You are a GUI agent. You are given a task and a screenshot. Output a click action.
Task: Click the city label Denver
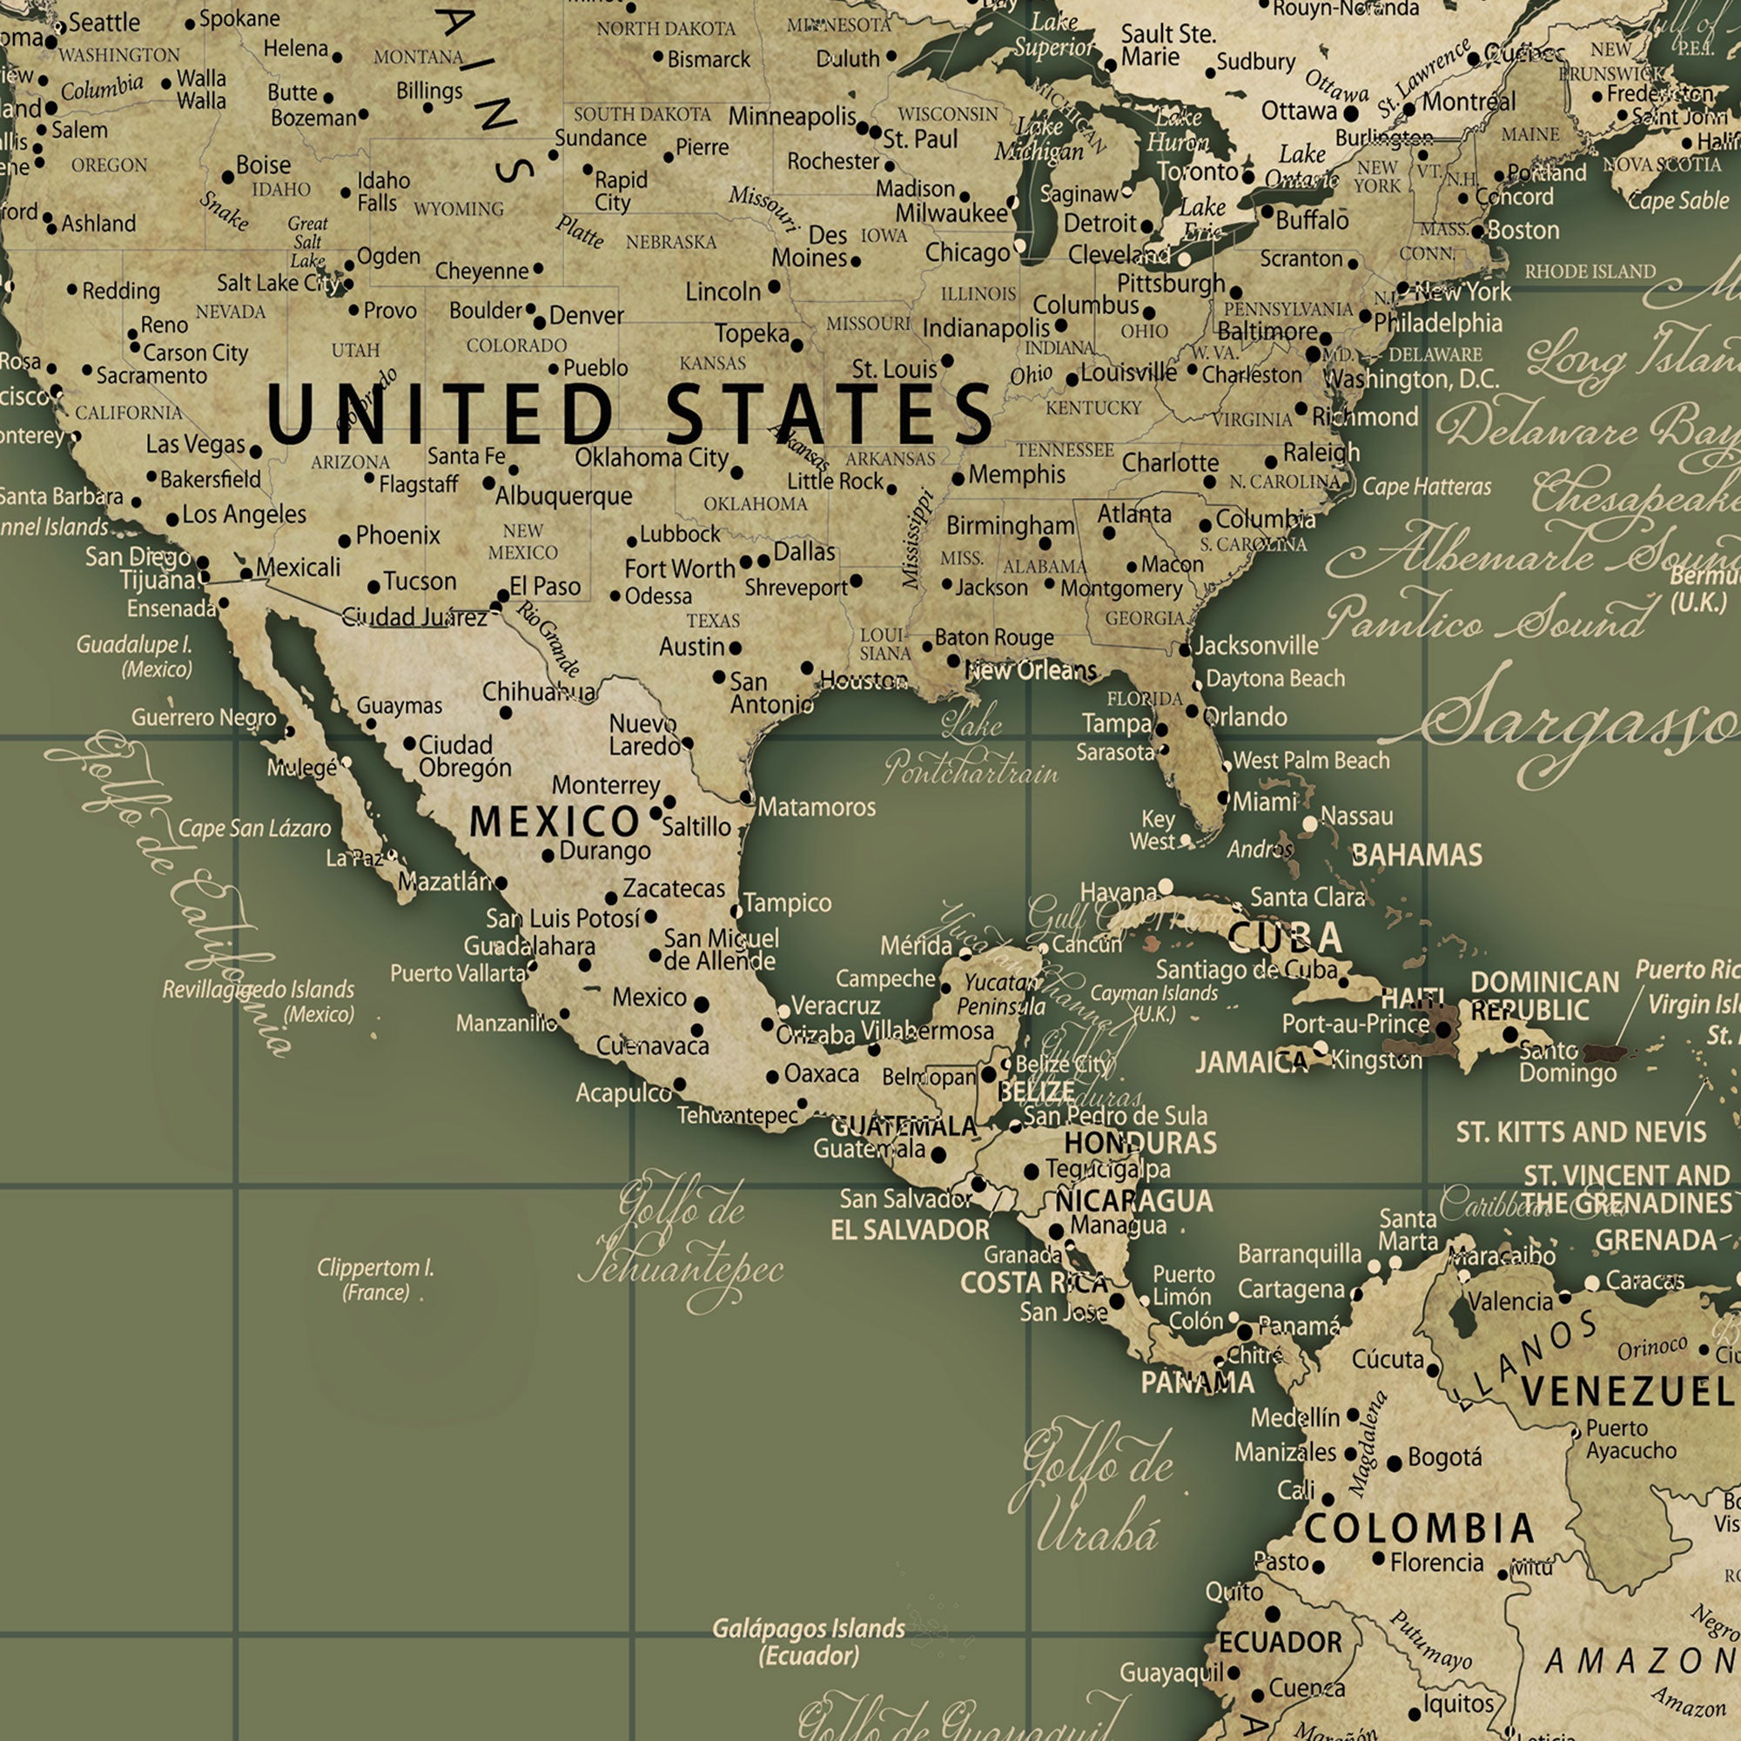pos(586,315)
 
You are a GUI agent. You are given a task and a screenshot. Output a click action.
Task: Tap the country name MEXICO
pos(555,821)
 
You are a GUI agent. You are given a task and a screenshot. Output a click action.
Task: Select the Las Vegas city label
pos(196,443)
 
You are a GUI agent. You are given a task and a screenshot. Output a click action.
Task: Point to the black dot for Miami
pos(1224,797)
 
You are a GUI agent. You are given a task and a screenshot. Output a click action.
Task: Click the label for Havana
pos(1119,892)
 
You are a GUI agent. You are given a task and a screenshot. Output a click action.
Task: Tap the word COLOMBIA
pos(1419,1528)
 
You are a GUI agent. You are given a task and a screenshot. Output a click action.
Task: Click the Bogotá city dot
pos(1394,1463)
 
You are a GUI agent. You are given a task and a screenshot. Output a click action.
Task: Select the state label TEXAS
pos(713,621)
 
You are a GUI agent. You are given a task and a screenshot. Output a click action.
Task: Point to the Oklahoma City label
pos(651,458)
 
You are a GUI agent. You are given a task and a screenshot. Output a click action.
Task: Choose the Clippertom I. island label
pos(376,1280)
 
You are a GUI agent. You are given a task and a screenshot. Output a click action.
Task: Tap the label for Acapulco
pos(623,1093)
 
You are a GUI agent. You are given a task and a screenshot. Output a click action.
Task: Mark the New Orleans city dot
pos(953,661)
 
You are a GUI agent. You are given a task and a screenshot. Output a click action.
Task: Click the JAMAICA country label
pos(1251,1062)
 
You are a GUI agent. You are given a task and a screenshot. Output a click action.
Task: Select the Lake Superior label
pos(1054,34)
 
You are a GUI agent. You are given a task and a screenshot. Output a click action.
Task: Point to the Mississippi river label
pos(917,539)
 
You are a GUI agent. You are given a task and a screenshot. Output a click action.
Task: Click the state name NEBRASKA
pos(671,242)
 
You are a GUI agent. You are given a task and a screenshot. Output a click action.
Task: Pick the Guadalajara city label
pos(529,945)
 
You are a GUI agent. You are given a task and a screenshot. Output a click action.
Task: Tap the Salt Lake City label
pos(277,283)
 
